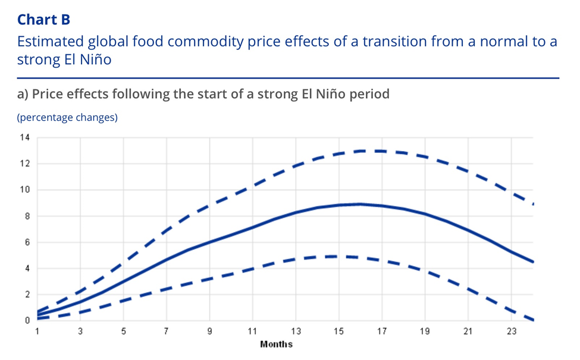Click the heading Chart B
coord(43,20)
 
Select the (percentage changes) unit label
coord(67,117)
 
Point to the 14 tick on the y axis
coord(24,137)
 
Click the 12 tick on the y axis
coord(24,164)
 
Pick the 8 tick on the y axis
coord(27,216)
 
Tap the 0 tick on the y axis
coord(27,320)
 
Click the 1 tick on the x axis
coord(37,331)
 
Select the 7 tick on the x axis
coord(167,331)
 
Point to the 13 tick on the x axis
coord(296,331)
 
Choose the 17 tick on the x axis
coord(382,331)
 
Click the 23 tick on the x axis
coord(511,331)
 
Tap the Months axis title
coord(276,345)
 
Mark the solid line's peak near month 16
coord(360,204)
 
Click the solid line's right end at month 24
coord(533,262)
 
